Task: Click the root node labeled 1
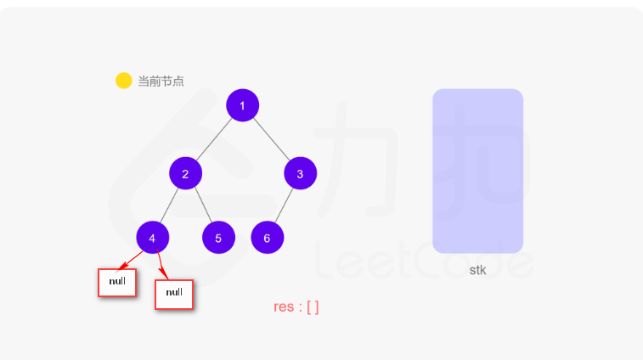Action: [x=242, y=105]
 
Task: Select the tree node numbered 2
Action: [x=185, y=173]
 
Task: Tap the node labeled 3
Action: [x=300, y=173]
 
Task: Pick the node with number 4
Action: [x=152, y=238]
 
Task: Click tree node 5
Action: [x=218, y=238]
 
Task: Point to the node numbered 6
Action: [x=267, y=238]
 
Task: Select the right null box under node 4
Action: [x=174, y=293]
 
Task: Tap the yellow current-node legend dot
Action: [x=123, y=81]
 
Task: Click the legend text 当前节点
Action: [x=161, y=82]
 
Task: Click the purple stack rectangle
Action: [x=477, y=171]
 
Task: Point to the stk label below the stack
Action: [x=477, y=270]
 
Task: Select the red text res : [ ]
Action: [x=296, y=307]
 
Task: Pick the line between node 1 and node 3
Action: [x=271, y=139]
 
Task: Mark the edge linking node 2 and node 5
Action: [x=201, y=205]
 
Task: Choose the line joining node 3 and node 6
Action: [x=284, y=205]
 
